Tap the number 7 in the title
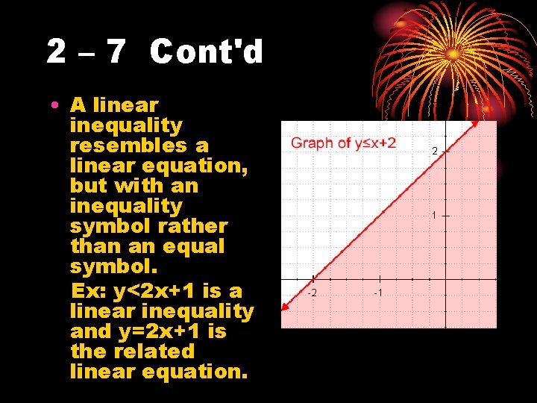pyautogui.click(x=116, y=52)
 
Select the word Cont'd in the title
pyautogui.click(x=207, y=52)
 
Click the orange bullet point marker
pyautogui.click(x=56, y=106)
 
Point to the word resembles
pyautogui.click(x=139, y=146)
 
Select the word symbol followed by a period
pyautogui.click(x=112, y=266)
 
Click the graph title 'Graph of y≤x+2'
pyautogui.click(x=343, y=143)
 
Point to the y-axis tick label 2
pyautogui.click(x=435, y=151)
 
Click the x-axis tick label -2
pyautogui.click(x=313, y=292)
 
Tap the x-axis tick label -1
pyautogui.click(x=377, y=292)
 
